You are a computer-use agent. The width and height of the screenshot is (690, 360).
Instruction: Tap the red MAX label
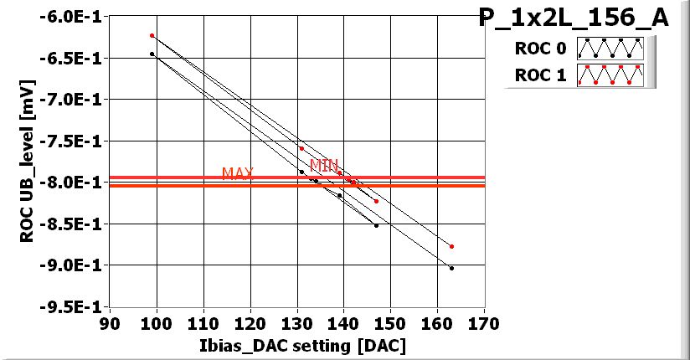tap(238, 173)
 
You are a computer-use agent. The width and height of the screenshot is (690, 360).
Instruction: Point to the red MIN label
tap(324, 165)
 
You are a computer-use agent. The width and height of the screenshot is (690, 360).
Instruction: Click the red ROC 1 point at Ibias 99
tap(152, 35)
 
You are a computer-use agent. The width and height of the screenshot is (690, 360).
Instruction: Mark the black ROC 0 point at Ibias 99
tap(152, 54)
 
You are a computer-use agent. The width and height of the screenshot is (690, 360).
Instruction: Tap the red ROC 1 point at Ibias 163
tap(451, 246)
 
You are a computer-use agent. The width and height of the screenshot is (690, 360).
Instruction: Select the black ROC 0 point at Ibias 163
tap(451, 268)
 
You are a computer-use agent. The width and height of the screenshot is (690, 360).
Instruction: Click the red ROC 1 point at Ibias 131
tap(301, 148)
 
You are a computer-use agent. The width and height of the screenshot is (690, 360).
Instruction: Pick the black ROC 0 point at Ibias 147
tap(376, 225)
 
